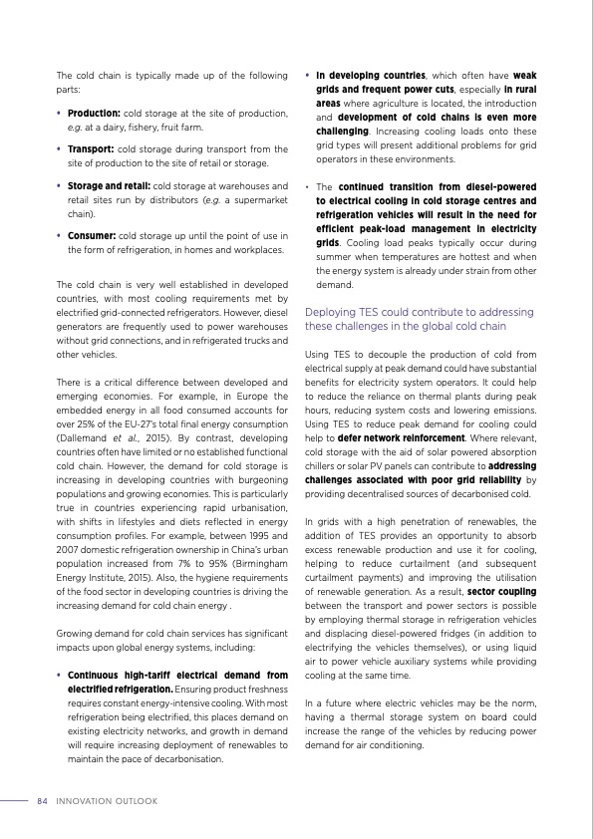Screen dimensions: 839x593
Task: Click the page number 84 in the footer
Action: [43, 800]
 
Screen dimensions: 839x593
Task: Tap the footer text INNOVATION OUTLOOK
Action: [100, 800]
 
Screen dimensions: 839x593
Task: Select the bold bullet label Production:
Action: [94, 113]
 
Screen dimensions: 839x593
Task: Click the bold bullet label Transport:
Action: [92, 148]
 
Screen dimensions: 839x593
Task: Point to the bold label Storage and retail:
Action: [108, 185]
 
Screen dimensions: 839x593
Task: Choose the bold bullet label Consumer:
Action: [92, 235]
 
